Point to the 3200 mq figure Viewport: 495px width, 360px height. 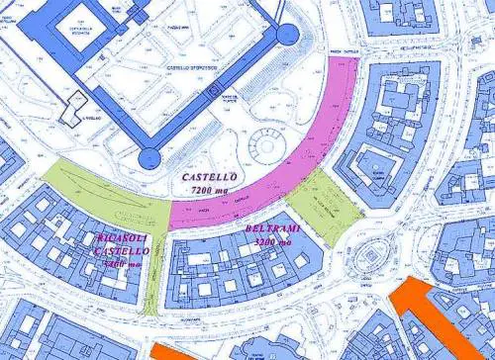click(x=272, y=241)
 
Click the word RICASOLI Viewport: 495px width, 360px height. click(x=121, y=239)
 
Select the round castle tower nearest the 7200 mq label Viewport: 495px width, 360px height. click(x=149, y=156)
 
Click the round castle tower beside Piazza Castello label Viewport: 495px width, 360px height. click(x=286, y=36)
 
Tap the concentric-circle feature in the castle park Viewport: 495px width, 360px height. click(x=267, y=142)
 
